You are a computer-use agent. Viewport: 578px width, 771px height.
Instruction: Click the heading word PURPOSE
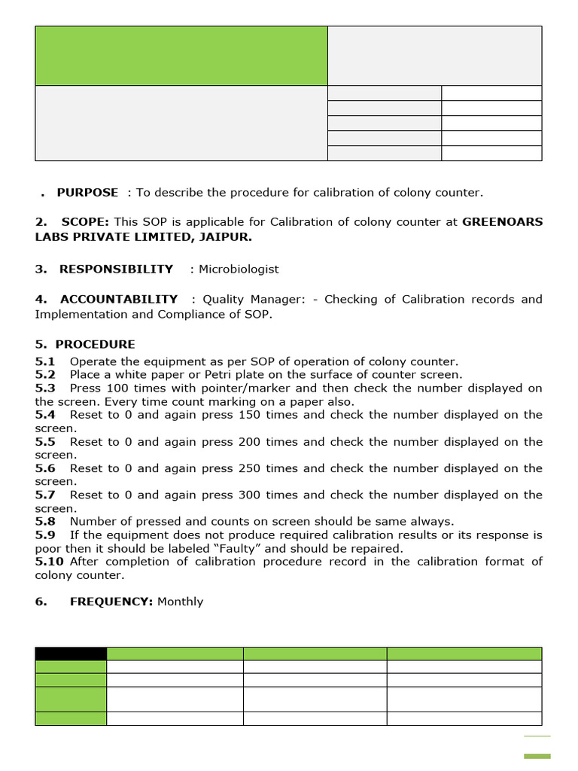[x=87, y=193]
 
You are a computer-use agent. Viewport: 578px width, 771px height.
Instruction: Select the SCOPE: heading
[x=85, y=222]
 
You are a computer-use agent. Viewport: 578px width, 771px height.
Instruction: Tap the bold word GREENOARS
[x=502, y=222]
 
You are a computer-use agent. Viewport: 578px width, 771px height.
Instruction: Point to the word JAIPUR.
[x=226, y=237]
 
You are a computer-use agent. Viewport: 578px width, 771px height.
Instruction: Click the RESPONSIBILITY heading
[x=116, y=269]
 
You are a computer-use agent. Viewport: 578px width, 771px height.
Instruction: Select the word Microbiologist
[x=239, y=269]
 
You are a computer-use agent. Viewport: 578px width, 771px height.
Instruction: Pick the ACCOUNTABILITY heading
[x=119, y=299]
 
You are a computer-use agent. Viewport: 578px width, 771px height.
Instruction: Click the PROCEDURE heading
[x=96, y=345]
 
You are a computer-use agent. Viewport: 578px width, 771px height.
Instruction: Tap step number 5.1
[x=45, y=361]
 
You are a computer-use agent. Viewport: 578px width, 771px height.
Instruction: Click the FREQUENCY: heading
[x=111, y=602]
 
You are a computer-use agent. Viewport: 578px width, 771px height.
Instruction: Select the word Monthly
[x=181, y=602]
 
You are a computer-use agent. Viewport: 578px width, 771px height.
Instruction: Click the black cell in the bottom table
[x=71, y=654]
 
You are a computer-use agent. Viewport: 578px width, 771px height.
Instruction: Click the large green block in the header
[x=181, y=56]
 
